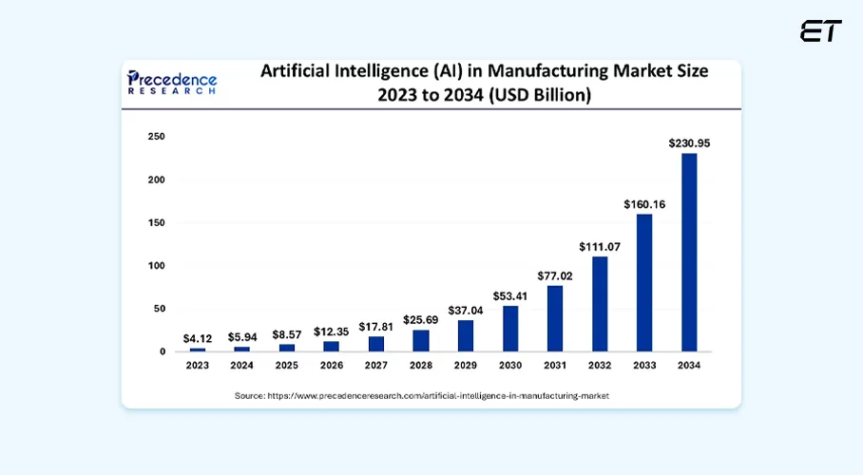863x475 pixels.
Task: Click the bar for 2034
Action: tap(689, 253)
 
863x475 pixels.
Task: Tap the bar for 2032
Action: tap(599, 304)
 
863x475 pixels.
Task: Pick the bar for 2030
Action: tap(510, 329)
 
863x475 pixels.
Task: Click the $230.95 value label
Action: tap(689, 143)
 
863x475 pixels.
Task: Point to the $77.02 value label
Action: tap(554, 275)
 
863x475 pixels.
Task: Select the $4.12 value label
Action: tap(198, 338)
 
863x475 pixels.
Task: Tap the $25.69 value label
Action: tap(420, 319)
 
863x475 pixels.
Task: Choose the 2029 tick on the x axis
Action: tap(465, 365)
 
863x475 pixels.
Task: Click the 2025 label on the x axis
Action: tap(287, 365)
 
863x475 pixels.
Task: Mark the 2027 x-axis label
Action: tap(375, 365)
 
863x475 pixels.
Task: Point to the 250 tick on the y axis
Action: tap(157, 137)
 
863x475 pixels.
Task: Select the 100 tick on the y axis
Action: tap(157, 266)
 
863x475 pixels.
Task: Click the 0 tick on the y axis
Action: tap(163, 351)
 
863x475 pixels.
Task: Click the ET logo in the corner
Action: tap(820, 30)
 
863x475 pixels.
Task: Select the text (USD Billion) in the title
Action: tap(539, 95)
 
